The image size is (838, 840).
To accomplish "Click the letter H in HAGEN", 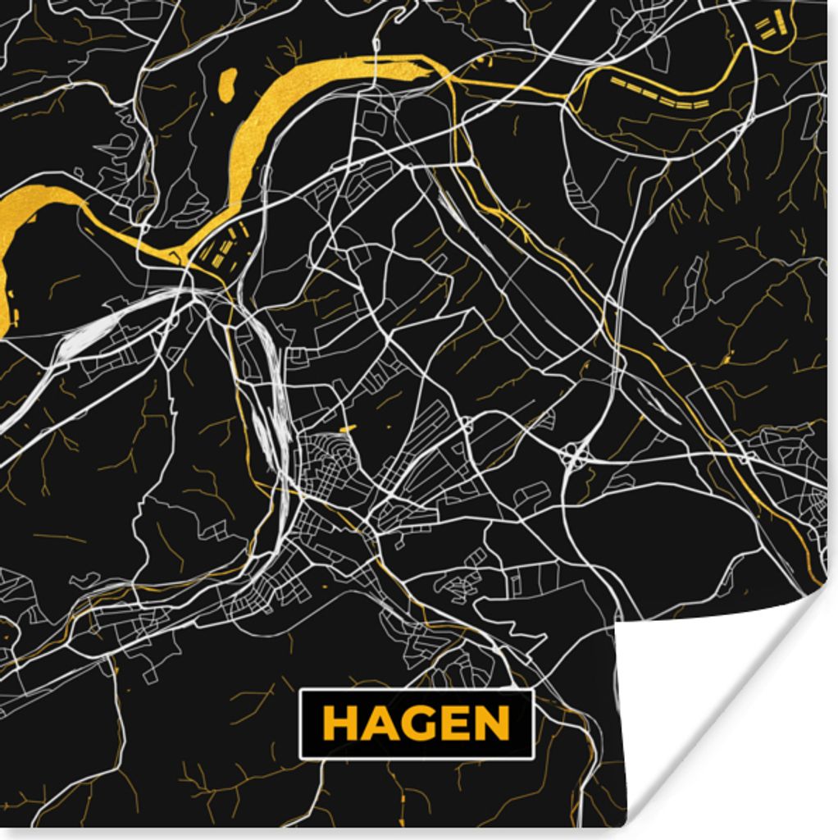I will coord(338,724).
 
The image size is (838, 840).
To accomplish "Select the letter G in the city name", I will coord(414,724).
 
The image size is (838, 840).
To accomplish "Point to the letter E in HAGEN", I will coord(453,724).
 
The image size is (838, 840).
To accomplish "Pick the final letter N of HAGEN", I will coord(491,724).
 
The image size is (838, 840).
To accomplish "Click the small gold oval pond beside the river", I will coord(227,84).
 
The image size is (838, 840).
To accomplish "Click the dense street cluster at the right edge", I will coord(808,492).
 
